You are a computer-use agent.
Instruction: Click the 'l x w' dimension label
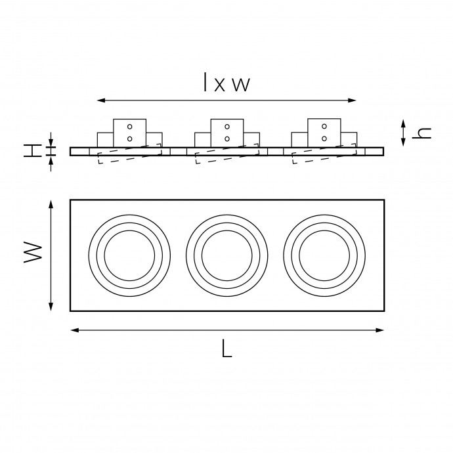[x=226, y=83]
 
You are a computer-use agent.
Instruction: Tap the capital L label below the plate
[x=227, y=349]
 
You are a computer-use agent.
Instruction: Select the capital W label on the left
[x=33, y=252]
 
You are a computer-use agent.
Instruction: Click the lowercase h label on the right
[x=421, y=133]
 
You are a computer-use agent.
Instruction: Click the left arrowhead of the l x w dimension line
[x=100, y=100]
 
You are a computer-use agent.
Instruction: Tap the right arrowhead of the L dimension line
[x=380, y=330]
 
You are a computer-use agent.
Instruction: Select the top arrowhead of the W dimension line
[x=51, y=204]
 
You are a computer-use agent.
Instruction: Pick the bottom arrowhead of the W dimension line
[x=51, y=307]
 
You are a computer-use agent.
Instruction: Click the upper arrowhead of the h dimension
[x=403, y=123]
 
